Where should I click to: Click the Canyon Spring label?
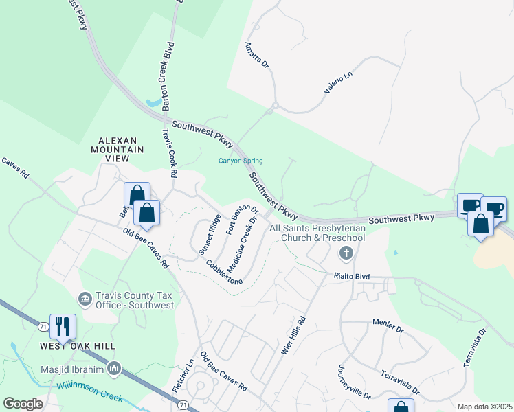(241, 161)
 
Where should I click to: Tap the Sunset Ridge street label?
(210, 235)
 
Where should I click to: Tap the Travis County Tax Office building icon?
(85, 299)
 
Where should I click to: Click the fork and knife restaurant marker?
(63, 327)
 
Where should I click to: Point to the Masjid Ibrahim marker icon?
(115, 370)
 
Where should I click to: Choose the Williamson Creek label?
(89, 393)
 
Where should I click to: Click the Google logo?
(23, 404)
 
